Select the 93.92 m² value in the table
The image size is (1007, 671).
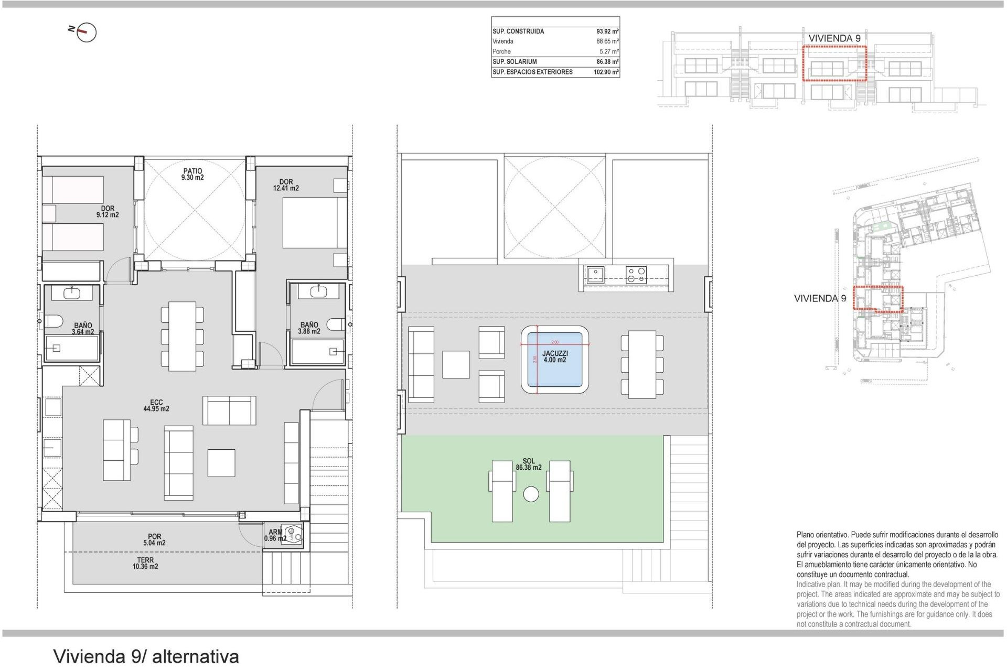point(607,31)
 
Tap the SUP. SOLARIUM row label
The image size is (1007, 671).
point(515,62)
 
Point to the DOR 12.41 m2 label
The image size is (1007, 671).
point(286,185)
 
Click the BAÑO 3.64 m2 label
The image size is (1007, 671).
point(83,329)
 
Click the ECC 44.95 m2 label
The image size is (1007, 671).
point(156,406)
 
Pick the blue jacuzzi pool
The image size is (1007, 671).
point(554,360)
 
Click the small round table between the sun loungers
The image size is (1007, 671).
point(531,494)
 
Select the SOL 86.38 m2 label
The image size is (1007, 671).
point(528,464)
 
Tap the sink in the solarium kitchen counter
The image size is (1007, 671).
point(595,274)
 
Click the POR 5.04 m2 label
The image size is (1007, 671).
point(154,540)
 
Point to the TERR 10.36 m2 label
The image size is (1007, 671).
point(145,564)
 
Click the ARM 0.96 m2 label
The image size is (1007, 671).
point(275,535)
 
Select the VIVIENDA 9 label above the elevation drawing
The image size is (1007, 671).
point(834,38)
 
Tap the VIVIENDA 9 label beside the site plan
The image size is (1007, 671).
point(820,298)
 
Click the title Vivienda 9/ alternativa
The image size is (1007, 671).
point(146,656)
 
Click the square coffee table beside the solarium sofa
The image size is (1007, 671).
point(456,364)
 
